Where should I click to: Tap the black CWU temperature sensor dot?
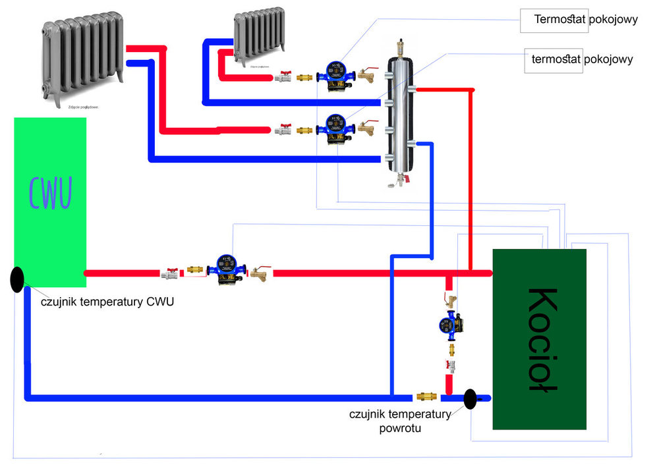(18, 279)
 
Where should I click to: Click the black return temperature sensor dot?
(471, 398)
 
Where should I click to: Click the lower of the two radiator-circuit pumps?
(335, 129)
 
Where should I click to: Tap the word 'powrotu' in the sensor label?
(400, 428)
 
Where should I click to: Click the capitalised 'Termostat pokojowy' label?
(586, 20)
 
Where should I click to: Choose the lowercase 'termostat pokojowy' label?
(582, 59)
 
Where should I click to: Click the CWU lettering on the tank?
(49, 191)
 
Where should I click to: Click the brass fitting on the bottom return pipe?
(426, 397)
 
